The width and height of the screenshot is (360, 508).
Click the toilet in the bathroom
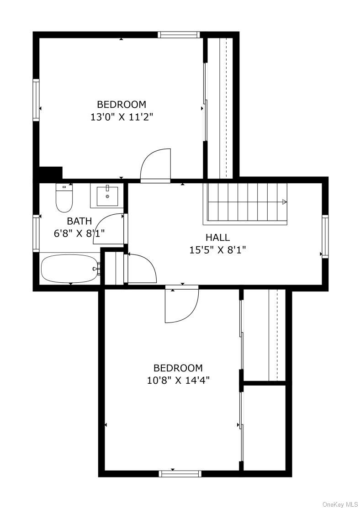coord(64,198)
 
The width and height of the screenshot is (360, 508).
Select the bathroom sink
coord(107,196)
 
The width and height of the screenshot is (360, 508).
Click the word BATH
coord(79,221)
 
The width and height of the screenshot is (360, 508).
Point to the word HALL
coord(218,238)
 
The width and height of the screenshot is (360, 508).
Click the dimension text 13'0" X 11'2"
coord(122,116)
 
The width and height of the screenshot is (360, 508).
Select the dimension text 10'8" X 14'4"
coord(178,380)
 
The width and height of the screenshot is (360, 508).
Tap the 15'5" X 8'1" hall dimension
coord(218,250)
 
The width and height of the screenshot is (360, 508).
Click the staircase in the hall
coord(247,203)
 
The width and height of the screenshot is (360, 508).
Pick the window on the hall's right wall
coord(325,237)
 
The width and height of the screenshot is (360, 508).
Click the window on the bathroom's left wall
coord(36,233)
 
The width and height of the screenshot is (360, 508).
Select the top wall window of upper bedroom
coord(179,35)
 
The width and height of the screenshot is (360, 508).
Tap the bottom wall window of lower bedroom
coord(180,474)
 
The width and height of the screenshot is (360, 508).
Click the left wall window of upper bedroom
coord(36,100)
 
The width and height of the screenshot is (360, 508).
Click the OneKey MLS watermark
coord(340,505)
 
